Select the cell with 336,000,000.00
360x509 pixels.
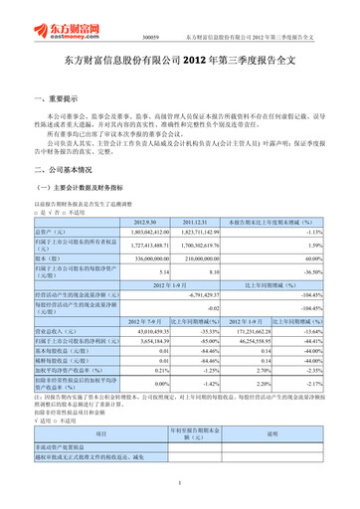pos(153,258)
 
